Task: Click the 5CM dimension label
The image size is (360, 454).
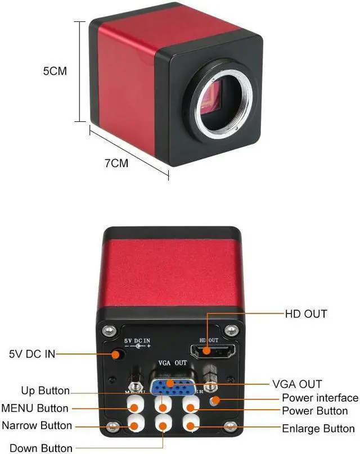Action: (55, 71)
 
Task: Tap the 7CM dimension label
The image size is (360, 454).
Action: (116, 164)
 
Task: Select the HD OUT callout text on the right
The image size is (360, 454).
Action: (306, 314)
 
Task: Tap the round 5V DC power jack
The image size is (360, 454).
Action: (118, 355)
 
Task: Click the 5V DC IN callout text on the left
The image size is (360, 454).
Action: (32, 354)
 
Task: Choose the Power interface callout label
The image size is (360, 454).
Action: (320, 398)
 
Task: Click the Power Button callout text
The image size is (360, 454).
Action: (314, 411)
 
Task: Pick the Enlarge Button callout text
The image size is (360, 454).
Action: (318, 429)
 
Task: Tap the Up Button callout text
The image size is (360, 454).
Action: (46, 391)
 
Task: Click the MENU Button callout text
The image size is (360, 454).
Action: (35, 408)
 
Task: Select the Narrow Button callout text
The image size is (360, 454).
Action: (37, 425)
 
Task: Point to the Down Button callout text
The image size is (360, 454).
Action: (41, 448)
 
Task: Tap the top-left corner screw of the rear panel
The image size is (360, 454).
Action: (112, 329)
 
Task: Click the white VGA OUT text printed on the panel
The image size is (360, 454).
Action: (172, 364)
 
